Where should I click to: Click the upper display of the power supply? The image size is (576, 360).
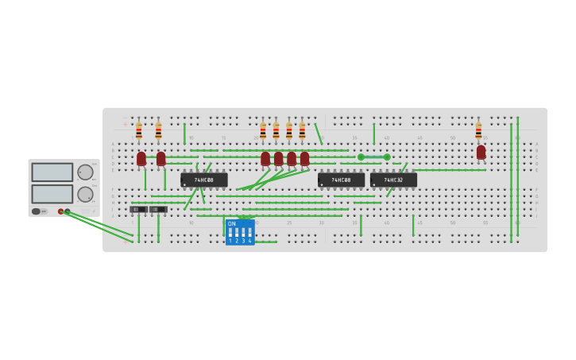point(52,172)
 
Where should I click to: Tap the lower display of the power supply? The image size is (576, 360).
point(52,194)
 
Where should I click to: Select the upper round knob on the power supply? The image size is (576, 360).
point(85,172)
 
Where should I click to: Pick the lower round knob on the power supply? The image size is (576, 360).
point(85,194)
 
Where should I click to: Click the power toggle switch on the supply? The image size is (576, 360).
point(37,211)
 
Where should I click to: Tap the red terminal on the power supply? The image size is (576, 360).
point(60,211)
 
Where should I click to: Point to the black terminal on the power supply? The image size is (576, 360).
point(68,211)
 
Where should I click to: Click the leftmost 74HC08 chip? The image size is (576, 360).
point(204,180)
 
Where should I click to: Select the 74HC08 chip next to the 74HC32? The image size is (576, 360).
point(341,180)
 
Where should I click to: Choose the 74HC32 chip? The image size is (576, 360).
point(393,180)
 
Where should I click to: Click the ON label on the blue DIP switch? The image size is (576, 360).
point(232,224)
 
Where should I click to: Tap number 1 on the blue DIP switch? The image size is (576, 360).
point(230,241)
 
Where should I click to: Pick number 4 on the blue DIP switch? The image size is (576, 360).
point(249,241)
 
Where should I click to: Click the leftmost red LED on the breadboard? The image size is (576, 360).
point(141,159)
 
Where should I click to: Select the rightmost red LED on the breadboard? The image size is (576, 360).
point(481,152)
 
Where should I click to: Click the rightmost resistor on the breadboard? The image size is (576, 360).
point(478,130)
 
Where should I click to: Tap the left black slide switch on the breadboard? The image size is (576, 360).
point(138,210)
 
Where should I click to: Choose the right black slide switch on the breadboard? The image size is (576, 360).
point(158,210)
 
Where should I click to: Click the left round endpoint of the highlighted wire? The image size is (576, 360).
point(361,157)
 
